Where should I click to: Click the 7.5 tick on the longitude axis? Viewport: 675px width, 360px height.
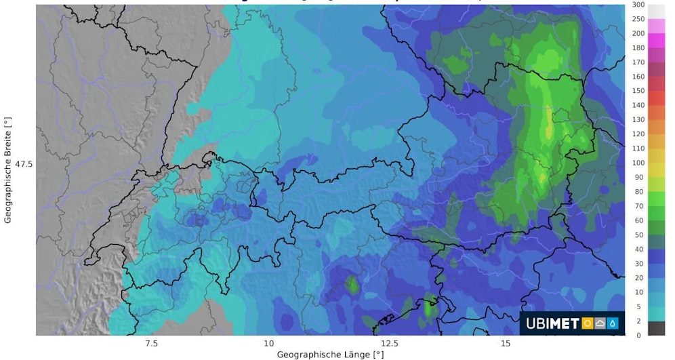coord(151,344)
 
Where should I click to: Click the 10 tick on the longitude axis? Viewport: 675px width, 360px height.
coord(269,344)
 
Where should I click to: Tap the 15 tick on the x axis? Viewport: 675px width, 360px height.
coord(506,344)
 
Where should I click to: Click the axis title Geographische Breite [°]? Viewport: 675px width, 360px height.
coord(7,169)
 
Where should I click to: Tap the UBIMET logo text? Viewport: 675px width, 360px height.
coord(552,324)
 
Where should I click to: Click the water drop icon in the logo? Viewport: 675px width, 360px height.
coord(613,324)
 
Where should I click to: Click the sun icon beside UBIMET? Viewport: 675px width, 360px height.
coord(588,324)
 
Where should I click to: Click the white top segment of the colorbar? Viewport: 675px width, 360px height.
coord(637,12)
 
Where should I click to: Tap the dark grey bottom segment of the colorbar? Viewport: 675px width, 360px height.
coord(637,328)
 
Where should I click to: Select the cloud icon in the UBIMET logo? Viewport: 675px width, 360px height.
coord(600,324)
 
